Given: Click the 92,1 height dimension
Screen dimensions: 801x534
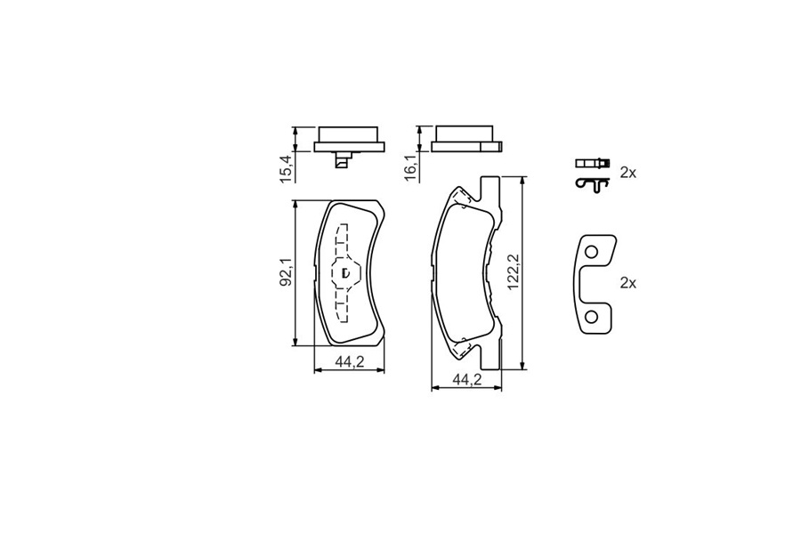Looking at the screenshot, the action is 286,273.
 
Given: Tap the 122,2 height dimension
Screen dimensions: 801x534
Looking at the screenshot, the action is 514,273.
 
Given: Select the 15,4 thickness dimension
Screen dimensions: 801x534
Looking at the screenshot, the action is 287,167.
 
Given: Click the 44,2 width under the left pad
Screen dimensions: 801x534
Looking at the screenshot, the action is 350,362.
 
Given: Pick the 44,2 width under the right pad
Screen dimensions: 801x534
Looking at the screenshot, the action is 467,379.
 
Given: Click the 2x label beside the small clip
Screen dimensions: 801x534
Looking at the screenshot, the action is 627,174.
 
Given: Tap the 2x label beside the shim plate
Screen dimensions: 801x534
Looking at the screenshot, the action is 627,283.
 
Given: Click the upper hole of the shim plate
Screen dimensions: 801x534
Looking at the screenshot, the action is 591,252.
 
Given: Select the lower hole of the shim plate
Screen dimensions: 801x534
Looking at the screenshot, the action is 591,318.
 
